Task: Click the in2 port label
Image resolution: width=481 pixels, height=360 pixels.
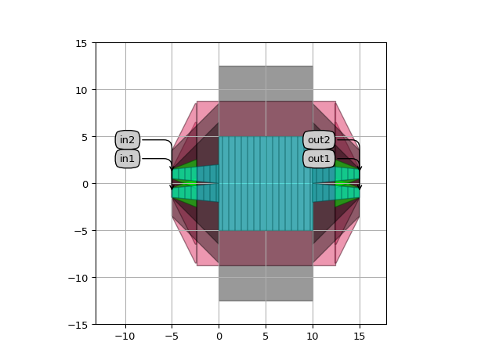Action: point(128,140)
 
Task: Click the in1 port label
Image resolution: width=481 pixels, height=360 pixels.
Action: point(128,159)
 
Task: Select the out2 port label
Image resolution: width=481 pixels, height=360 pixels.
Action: point(319,140)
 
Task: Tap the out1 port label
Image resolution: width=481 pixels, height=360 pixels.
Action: point(319,159)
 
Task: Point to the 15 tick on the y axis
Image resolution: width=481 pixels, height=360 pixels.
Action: point(81,43)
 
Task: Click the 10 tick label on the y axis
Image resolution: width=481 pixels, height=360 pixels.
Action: point(81,90)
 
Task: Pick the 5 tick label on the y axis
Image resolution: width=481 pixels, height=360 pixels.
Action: point(85,137)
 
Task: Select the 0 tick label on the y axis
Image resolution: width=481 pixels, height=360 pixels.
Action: point(85,184)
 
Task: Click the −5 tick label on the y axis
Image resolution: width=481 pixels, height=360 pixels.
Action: point(81,231)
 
